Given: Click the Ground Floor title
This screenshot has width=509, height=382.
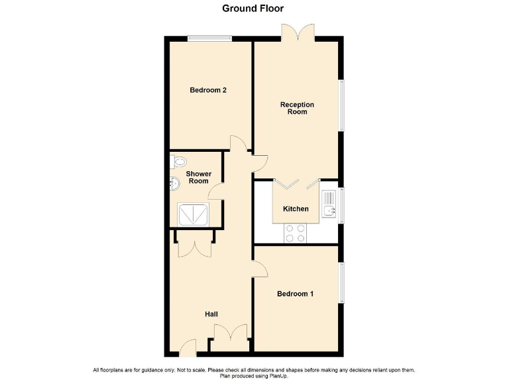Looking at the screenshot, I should (x=254, y=9).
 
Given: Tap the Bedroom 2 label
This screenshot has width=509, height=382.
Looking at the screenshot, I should (x=208, y=90).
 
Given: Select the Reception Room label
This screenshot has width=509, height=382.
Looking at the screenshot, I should (x=297, y=108).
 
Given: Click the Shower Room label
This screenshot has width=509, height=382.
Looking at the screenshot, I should (x=198, y=177).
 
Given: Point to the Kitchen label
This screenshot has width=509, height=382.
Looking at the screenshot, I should (x=296, y=209).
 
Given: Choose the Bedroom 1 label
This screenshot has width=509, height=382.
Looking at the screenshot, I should (x=295, y=294).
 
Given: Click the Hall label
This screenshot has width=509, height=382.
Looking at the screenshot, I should (x=211, y=314).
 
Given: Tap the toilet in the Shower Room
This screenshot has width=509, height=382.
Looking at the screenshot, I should (x=178, y=161).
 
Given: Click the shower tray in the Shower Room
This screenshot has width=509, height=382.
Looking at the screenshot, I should (x=193, y=214).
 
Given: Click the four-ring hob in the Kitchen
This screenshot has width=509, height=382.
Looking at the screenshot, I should (x=295, y=233).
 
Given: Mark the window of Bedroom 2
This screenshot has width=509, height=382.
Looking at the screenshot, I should (x=209, y=38).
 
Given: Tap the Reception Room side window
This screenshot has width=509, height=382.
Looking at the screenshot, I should (x=342, y=106).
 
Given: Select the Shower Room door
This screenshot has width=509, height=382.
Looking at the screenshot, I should (x=215, y=192).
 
